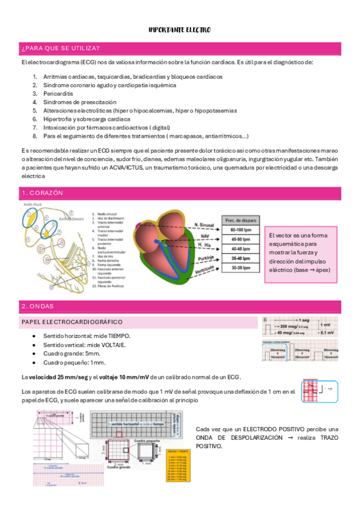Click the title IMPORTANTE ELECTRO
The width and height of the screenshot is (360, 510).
pyautogui.click(x=180, y=29)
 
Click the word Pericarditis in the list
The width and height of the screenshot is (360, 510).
pyautogui.click(x=57, y=94)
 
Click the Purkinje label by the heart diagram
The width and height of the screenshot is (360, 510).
pyautogui.click(x=206, y=259)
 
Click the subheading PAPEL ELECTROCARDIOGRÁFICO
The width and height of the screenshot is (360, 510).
pyautogui.click(x=72, y=322)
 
